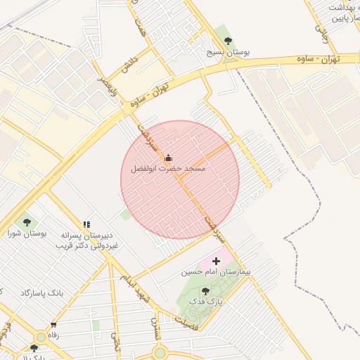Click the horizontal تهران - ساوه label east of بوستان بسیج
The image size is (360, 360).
pyautogui.click(x=317, y=59)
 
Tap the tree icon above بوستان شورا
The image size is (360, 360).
pyautogui.click(x=27, y=222)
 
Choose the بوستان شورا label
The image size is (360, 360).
pyautogui.click(x=26, y=233)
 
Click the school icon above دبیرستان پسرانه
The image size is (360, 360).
pyautogui.click(x=86, y=224)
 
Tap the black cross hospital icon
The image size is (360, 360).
pyautogui.click(x=216, y=261)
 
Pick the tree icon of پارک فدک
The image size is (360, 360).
pyautogui.click(x=205, y=290)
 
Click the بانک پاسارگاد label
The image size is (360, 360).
pyautogui.click(x=42, y=292)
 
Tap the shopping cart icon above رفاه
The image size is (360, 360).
pyautogui.click(x=53, y=324)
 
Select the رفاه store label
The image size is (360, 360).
pyautogui.click(x=53, y=335)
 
